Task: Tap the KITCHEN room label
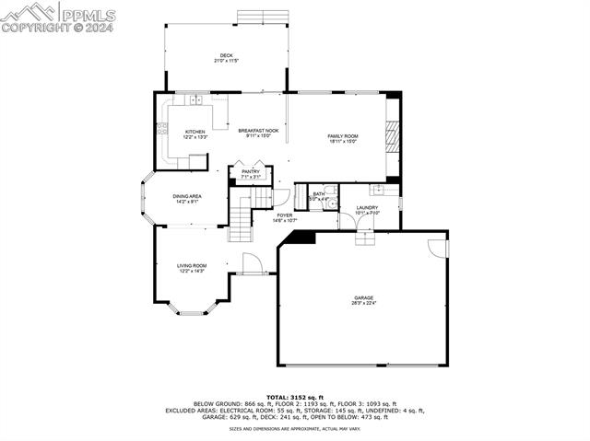tap(195, 132)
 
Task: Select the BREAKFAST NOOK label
tap(258, 131)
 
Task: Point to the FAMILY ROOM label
tap(343, 136)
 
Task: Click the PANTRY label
tap(251, 171)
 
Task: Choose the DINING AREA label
tap(187, 196)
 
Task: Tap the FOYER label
tap(285, 215)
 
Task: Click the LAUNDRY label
tap(367, 208)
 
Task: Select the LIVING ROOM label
tap(192, 266)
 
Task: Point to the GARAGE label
tap(362, 297)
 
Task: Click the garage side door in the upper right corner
tap(439, 248)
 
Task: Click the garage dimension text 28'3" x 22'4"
tap(362, 303)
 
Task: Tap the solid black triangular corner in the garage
tap(300, 238)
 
